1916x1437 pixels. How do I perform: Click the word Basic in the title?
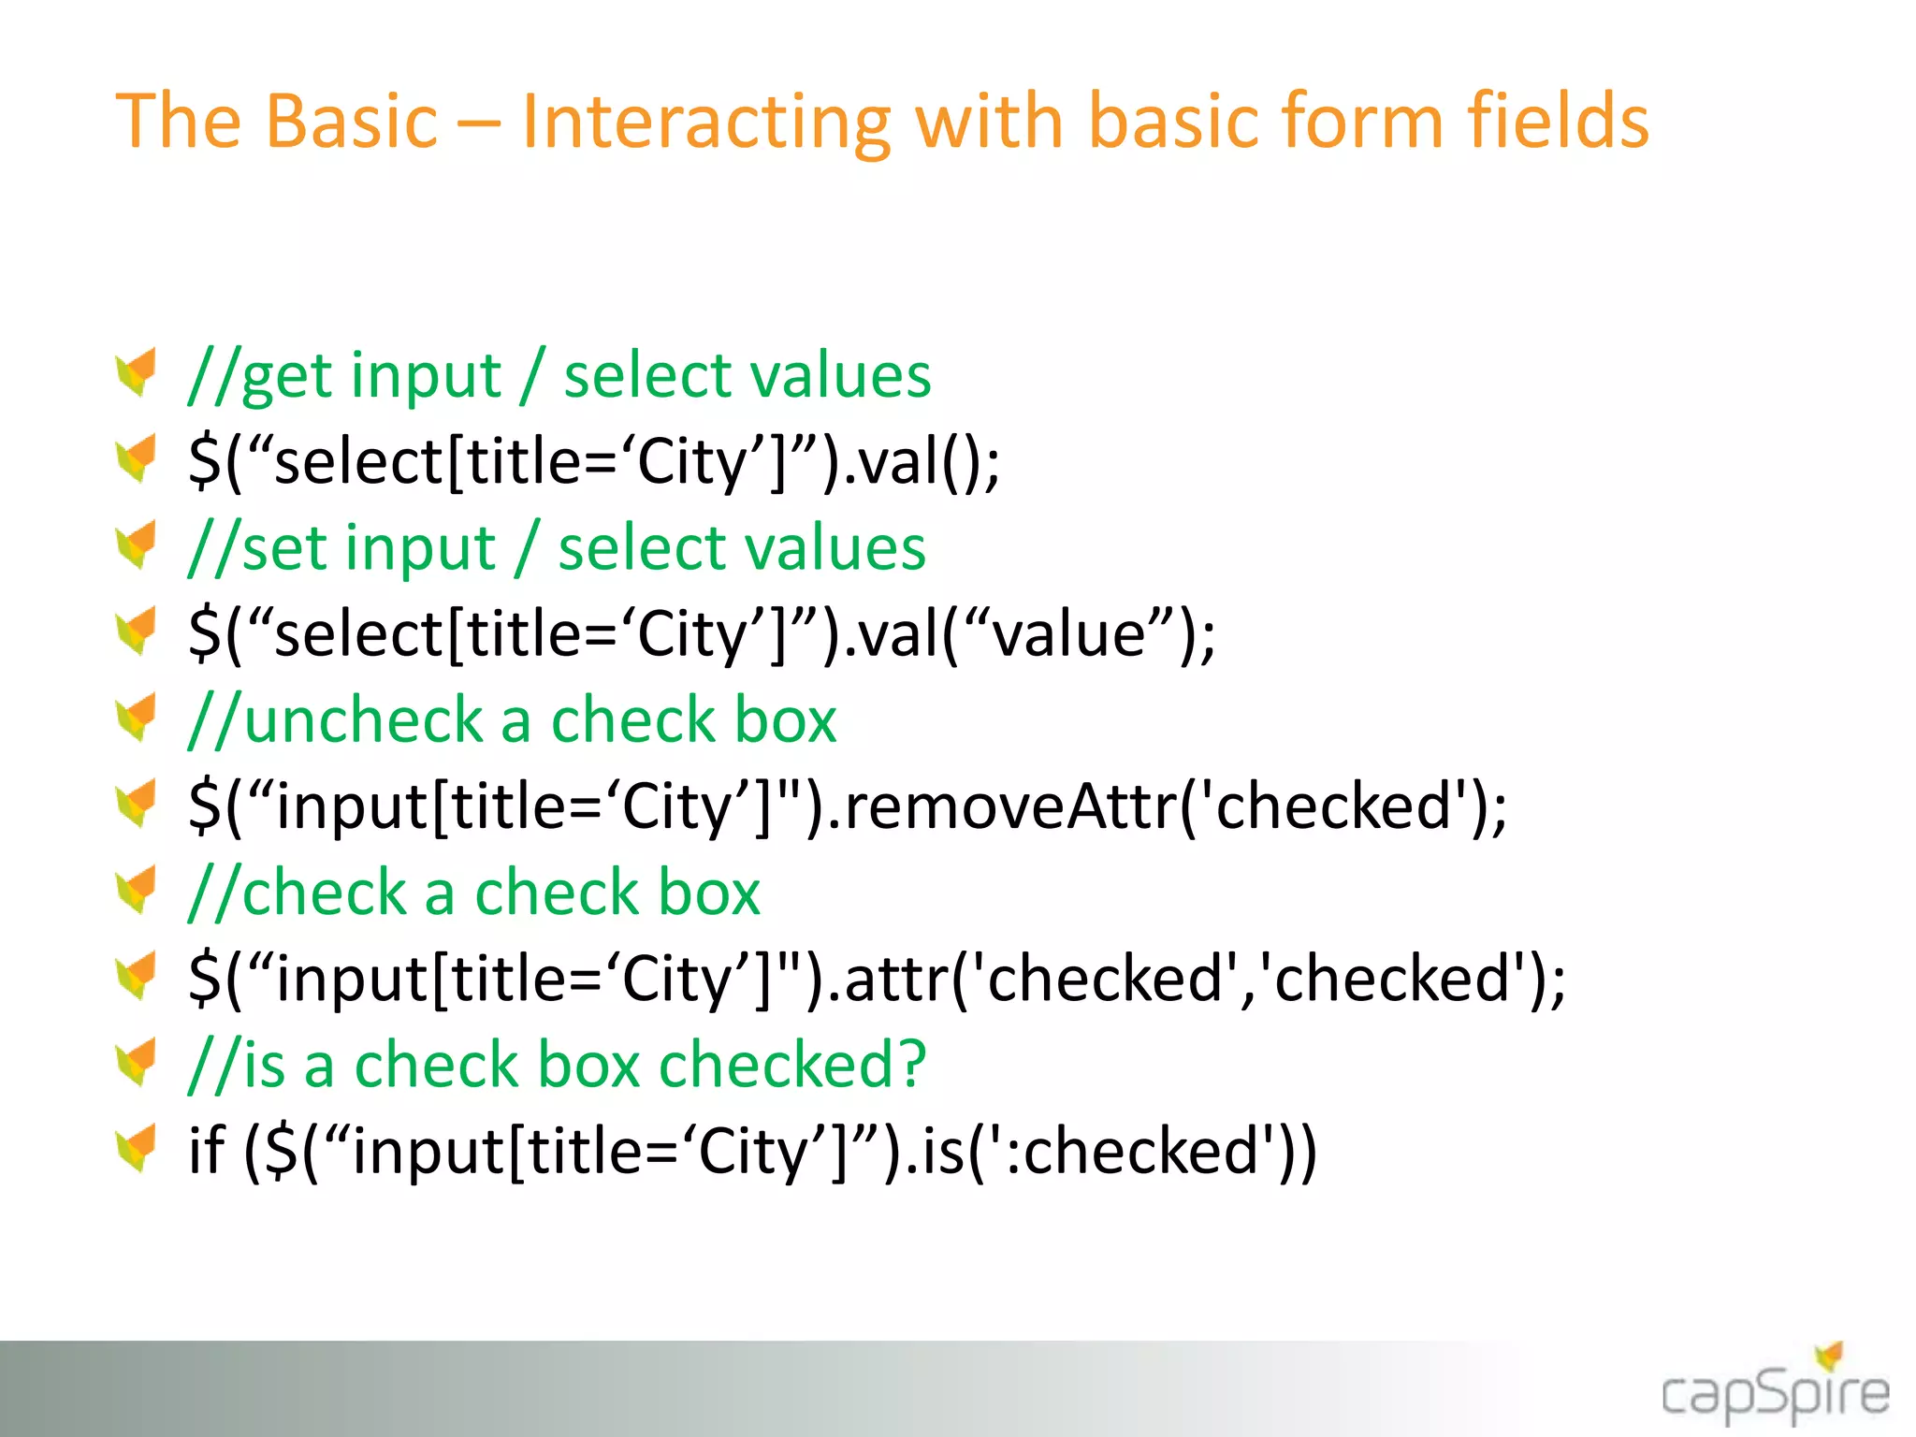pos(352,122)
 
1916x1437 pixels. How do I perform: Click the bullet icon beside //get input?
pos(137,373)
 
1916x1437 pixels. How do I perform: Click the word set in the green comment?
pos(285,548)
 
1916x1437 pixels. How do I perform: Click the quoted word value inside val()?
pos(1067,634)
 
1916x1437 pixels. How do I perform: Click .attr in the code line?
pos(893,979)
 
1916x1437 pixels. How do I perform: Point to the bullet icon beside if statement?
pos(137,1149)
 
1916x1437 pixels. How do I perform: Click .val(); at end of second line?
pos(922,462)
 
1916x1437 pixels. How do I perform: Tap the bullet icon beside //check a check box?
pos(137,891)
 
